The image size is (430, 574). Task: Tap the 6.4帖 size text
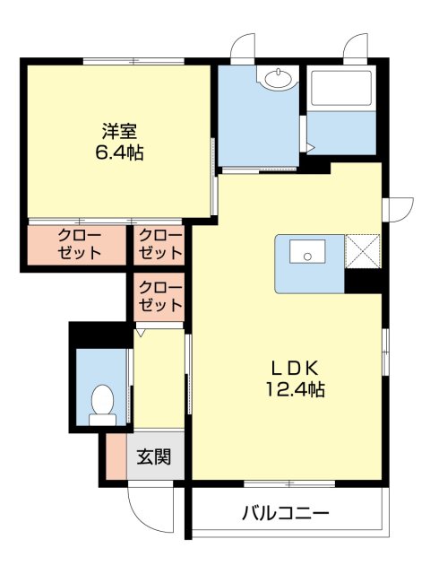tap(119, 152)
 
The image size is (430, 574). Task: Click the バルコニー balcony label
tap(286, 514)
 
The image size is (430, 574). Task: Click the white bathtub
tap(340, 89)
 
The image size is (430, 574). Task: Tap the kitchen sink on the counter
tap(309, 257)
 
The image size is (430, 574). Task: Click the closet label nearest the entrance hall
tap(160, 297)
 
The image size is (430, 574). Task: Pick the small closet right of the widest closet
tap(160, 244)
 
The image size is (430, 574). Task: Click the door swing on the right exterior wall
tap(399, 209)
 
